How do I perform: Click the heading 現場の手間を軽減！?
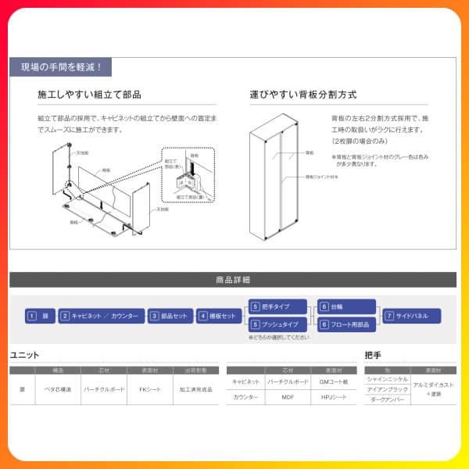point(61,68)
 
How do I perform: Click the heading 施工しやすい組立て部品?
point(89,95)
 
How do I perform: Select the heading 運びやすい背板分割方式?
point(303,95)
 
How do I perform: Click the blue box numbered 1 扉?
point(40,316)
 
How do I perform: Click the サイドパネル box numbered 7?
point(411,316)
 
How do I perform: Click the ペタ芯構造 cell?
point(58,388)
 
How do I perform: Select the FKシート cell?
point(149,388)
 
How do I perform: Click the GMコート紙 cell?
point(333,381)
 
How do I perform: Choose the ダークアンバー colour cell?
point(387,399)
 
